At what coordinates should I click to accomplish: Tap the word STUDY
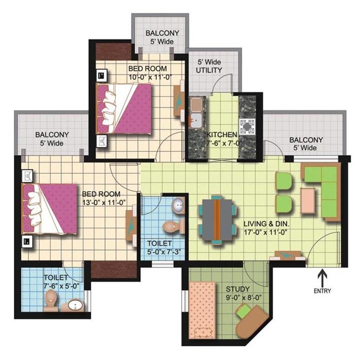click(238, 289)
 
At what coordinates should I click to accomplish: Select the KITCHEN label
click(222, 135)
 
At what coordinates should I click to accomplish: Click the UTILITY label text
click(209, 70)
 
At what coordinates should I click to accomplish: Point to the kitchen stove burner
click(247, 126)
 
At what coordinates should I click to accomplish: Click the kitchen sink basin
click(195, 120)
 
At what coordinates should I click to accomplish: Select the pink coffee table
click(307, 201)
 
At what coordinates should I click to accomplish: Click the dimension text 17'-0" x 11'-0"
click(266, 233)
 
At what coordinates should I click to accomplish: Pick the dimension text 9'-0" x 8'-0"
click(244, 298)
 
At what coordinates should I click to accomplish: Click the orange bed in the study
click(202, 310)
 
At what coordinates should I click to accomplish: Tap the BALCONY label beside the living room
click(306, 140)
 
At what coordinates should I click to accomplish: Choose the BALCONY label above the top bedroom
click(162, 33)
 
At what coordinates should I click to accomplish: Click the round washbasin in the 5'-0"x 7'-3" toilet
click(178, 204)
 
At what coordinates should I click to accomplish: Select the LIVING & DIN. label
click(267, 223)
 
